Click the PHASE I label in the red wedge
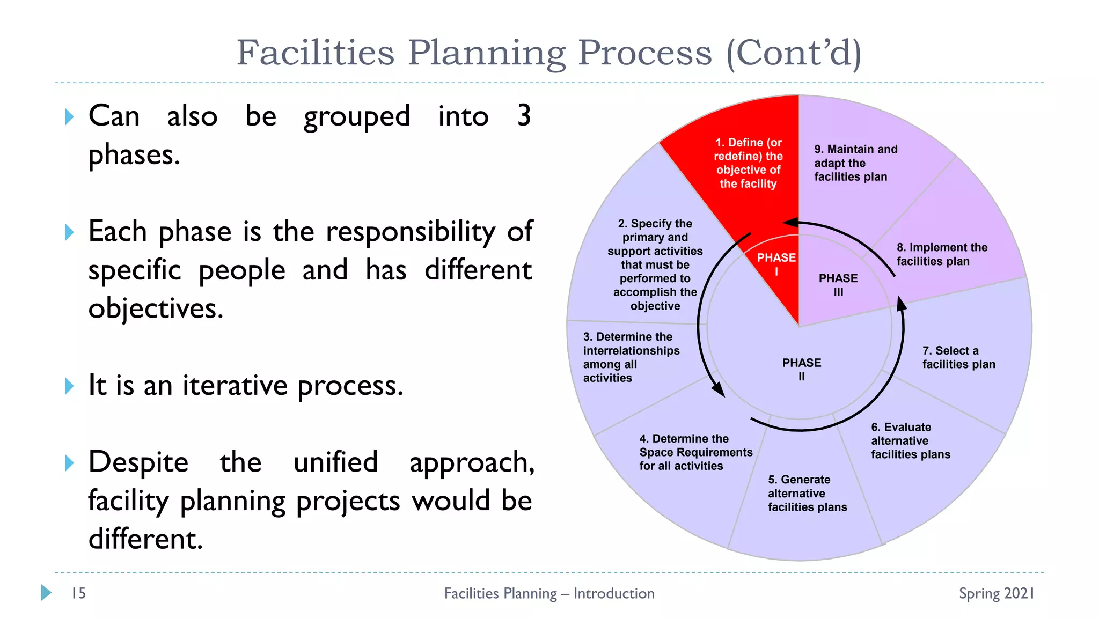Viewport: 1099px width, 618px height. (776, 264)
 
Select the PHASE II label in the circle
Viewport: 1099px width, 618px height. (801, 369)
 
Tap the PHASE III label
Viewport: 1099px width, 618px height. (838, 285)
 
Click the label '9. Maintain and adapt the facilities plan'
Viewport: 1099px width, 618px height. (855, 163)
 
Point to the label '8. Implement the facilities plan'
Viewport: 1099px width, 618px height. (941, 254)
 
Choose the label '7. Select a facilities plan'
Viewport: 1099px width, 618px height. (958, 357)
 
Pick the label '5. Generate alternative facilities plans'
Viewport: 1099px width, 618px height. (807, 493)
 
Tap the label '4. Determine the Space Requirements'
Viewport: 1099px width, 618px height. (695, 452)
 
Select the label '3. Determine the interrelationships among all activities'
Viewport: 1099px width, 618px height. (631, 357)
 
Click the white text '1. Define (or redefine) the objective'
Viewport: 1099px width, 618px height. (748, 163)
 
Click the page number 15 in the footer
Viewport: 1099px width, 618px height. (78, 593)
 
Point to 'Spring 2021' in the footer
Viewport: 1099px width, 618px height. (996, 593)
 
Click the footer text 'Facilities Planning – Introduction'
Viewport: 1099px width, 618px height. (549, 593)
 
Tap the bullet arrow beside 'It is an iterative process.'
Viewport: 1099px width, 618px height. (69, 386)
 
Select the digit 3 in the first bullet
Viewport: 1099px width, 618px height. (524, 115)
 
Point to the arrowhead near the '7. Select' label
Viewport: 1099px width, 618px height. (902, 304)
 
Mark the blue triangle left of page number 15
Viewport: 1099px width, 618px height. (46, 592)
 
